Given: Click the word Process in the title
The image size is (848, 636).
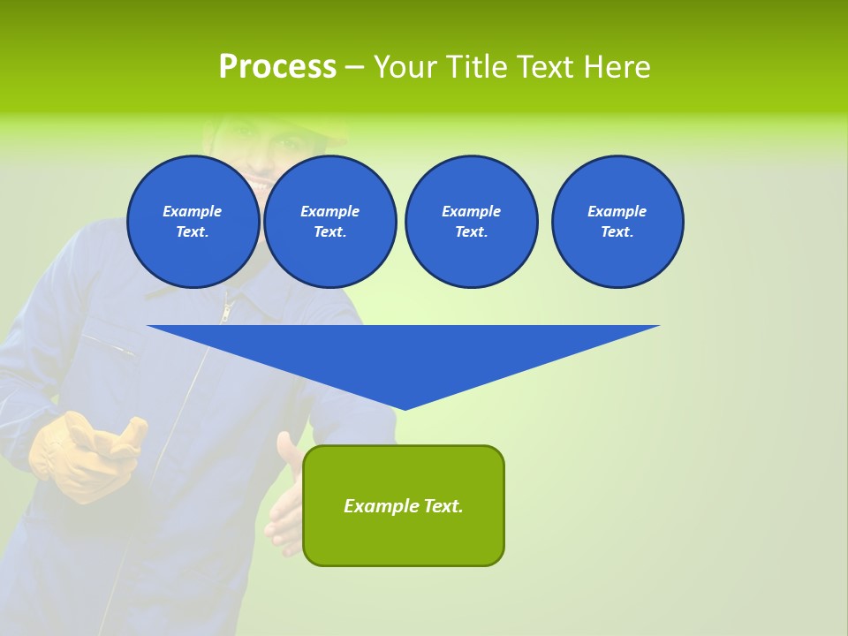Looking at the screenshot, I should (x=277, y=66).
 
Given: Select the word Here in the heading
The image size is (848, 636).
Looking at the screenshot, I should (x=618, y=66).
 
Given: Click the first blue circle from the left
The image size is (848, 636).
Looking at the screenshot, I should (x=193, y=222).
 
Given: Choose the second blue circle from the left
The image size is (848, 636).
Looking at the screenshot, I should (x=329, y=222).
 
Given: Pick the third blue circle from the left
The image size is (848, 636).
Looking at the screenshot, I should (x=471, y=222).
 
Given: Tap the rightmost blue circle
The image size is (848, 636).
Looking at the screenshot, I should (x=617, y=222).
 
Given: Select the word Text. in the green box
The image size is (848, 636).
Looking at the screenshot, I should (x=442, y=506).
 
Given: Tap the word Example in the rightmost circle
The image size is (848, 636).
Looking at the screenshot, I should (x=617, y=211).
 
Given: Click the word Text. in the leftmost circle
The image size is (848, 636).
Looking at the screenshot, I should (x=193, y=232).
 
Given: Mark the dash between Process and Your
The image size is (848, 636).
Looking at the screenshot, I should (x=354, y=67).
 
